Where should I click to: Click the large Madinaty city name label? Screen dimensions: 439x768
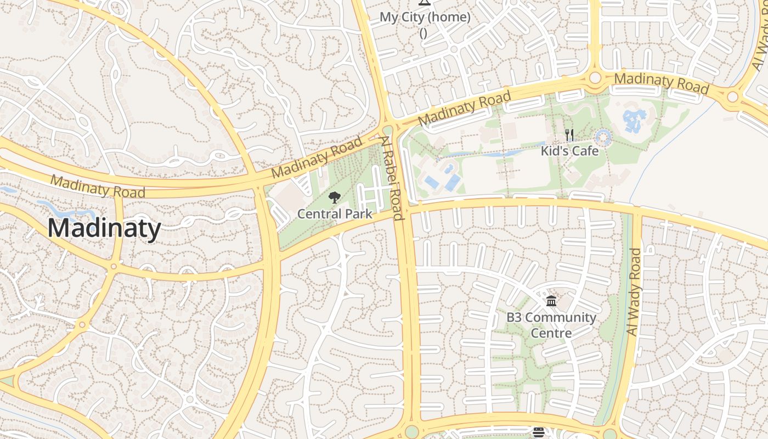point(104,228)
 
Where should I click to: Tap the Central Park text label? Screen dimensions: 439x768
point(335,214)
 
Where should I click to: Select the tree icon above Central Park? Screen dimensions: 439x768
point(334,198)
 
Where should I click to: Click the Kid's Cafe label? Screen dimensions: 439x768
point(569,150)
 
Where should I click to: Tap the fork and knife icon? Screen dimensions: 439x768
point(569,135)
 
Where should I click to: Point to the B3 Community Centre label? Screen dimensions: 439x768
point(551,325)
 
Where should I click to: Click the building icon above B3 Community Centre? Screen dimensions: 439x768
point(551,301)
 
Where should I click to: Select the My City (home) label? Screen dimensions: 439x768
point(425,18)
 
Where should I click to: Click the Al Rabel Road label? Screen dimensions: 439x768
point(393,178)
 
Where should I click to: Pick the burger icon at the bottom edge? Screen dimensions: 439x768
point(538,433)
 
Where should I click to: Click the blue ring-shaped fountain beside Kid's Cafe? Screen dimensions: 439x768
point(603,137)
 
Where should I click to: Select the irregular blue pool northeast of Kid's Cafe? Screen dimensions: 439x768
point(635,120)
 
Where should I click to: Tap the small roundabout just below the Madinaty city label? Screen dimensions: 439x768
point(114,267)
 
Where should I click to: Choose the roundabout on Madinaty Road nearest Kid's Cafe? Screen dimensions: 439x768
point(595,78)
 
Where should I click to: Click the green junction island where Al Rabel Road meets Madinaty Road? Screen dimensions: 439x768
point(388,131)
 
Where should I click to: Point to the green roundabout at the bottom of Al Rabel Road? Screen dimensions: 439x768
point(411,431)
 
